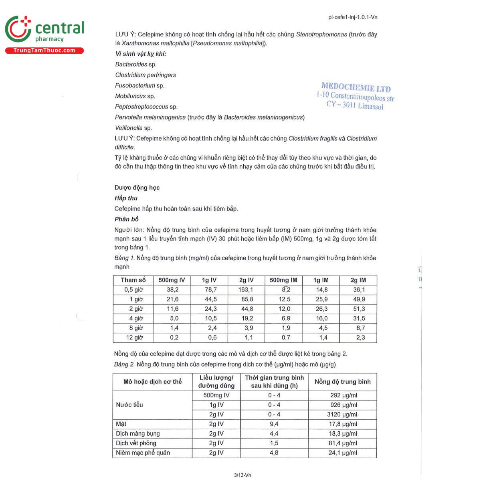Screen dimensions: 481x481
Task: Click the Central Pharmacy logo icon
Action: click(18, 29)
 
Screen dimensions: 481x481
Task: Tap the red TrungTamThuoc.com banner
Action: click(44, 51)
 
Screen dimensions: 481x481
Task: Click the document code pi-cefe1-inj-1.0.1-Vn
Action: click(352, 17)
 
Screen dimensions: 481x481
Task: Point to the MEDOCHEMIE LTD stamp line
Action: click(356, 87)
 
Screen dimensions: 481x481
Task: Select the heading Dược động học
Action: click(137, 188)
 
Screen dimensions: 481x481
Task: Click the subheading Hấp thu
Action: click(126, 198)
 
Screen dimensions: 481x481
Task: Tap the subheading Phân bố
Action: click(126, 219)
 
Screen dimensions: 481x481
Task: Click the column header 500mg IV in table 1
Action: click(172, 280)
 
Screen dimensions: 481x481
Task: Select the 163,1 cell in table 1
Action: click(246, 290)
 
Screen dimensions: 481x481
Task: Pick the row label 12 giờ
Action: click(134, 338)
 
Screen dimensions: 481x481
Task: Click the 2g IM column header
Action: click(358, 280)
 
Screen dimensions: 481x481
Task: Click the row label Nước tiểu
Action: click(129, 405)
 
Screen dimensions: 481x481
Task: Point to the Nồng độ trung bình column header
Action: click(342, 382)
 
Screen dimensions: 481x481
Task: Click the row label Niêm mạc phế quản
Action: click(143, 453)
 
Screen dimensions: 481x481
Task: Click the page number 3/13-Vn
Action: click(242, 475)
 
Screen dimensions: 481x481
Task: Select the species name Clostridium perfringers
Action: click(146, 75)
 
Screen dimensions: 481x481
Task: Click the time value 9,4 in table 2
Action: click(274, 424)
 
